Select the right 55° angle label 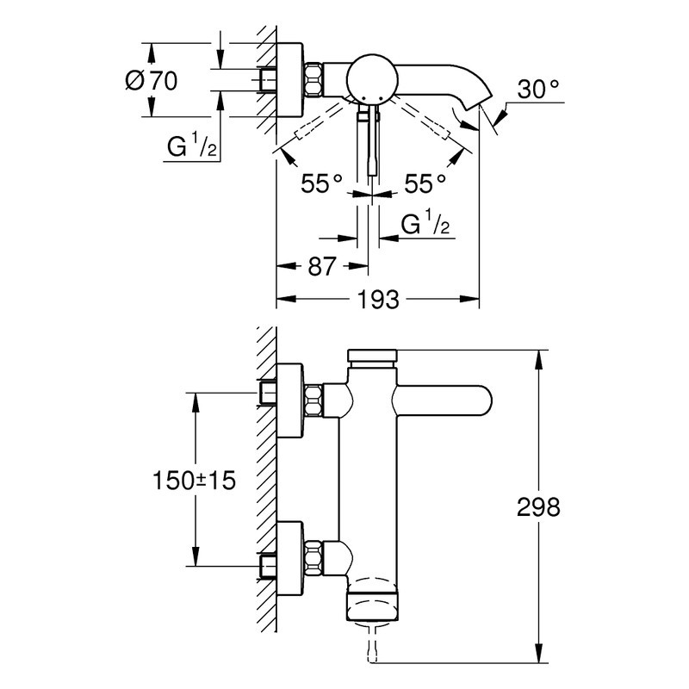[x=425, y=183]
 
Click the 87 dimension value [x=320, y=266]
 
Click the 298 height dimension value [x=540, y=506]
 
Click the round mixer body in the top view [x=372, y=80]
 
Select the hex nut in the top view [x=315, y=80]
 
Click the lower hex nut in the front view [x=315, y=557]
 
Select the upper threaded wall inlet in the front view [x=268, y=394]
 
